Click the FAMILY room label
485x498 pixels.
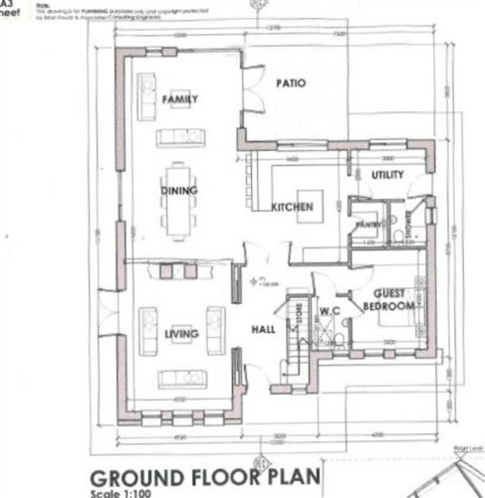pyautogui.click(x=180, y=98)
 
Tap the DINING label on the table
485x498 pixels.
pyautogui.click(x=179, y=190)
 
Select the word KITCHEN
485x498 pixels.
pyautogui.click(x=293, y=207)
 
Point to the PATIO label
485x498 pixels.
pyautogui.click(x=290, y=83)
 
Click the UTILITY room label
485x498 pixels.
pyautogui.click(x=387, y=175)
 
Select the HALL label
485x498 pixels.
pyautogui.click(x=263, y=330)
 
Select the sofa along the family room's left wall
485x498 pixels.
pyautogui.click(x=146, y=95)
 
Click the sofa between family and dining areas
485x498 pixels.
pyautogui.click(x=180, y=137)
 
